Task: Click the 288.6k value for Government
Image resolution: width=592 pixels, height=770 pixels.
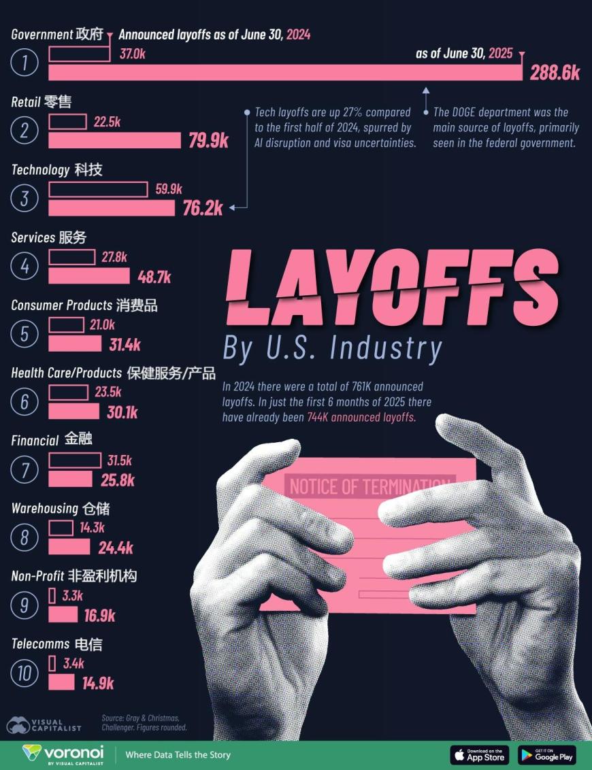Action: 555,73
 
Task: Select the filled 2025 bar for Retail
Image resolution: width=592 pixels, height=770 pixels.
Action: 114,140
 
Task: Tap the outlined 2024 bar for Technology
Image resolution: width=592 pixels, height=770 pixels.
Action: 98,189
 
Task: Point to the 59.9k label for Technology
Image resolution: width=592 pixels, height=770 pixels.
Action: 169,189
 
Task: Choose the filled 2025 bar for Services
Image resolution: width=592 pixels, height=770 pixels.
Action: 88,275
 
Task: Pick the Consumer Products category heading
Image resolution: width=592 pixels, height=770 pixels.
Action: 84,305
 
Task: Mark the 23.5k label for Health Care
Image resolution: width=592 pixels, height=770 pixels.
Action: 108,392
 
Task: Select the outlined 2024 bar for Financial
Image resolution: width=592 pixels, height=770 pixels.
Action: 75,461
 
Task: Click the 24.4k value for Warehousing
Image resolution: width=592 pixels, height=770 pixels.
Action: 116,548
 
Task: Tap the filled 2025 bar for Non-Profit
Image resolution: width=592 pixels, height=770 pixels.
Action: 63,615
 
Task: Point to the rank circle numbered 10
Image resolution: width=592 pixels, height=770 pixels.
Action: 24,673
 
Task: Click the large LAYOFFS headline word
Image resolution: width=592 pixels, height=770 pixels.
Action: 391,290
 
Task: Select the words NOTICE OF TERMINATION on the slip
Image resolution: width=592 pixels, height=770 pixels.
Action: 370,486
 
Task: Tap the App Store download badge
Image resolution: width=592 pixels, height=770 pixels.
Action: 479,754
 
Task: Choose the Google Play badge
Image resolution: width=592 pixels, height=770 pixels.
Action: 547,754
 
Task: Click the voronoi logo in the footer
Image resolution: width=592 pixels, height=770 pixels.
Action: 63,754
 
